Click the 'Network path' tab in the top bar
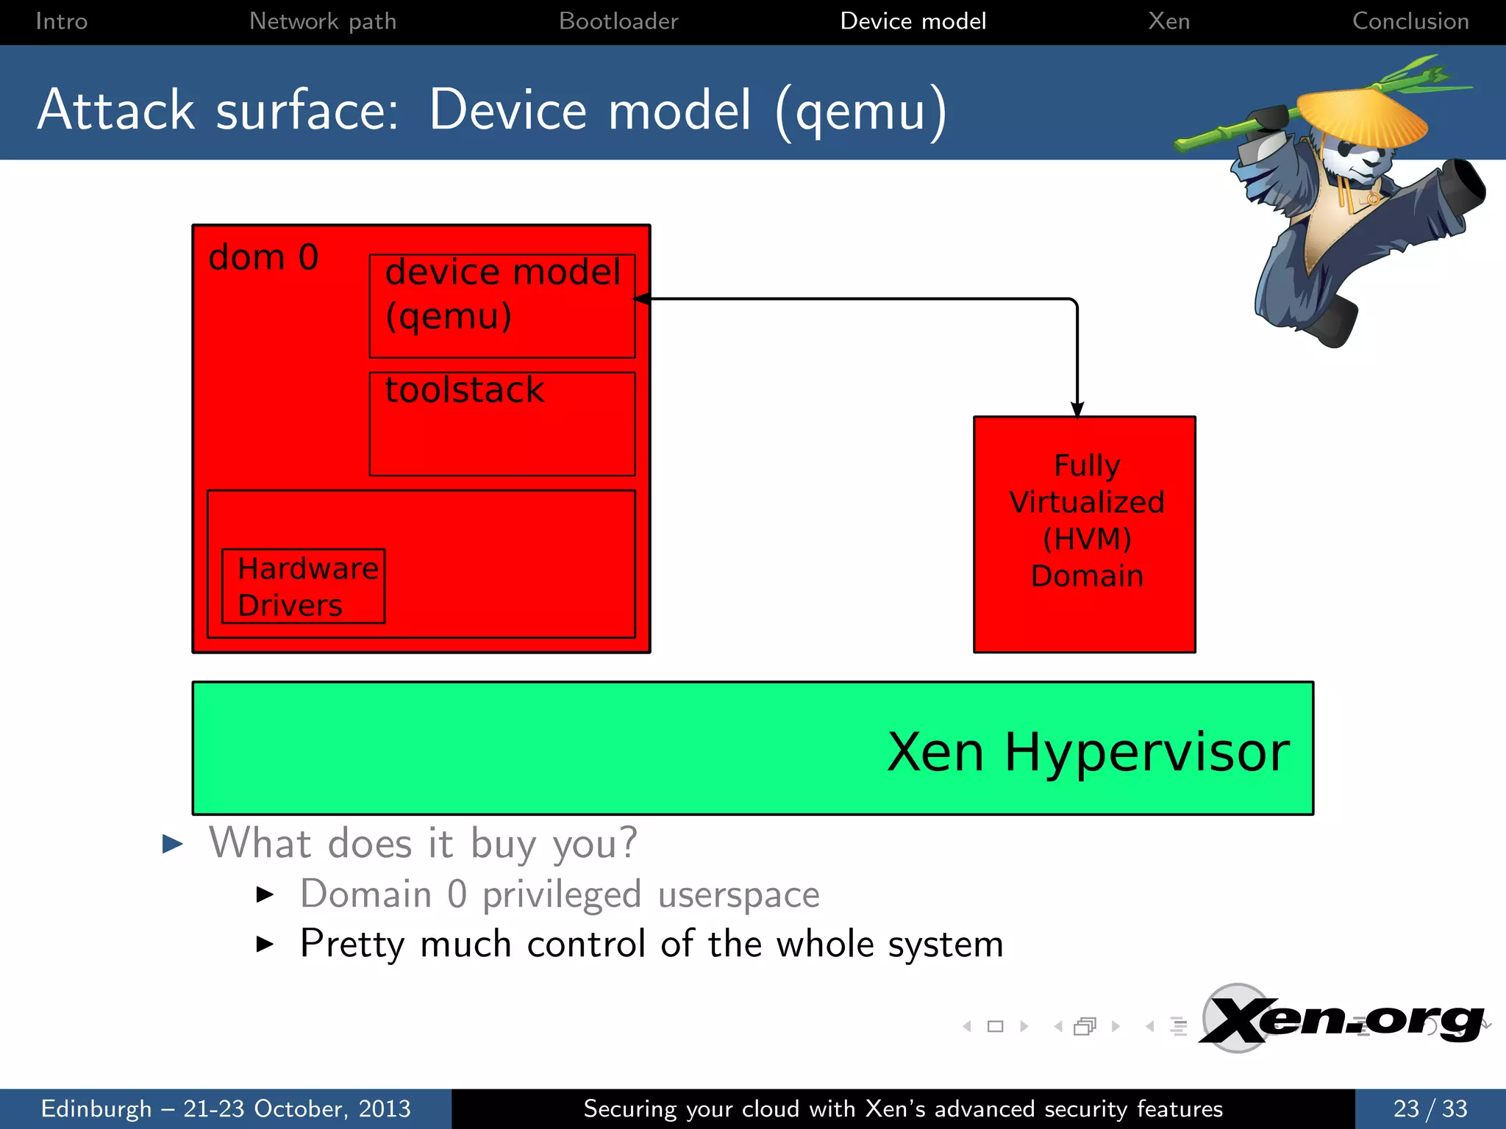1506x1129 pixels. (x=323, y=21)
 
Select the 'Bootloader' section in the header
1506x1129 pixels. (x=618, y=21)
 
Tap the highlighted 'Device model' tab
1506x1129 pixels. (x=913, y=21)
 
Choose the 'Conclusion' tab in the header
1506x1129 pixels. (x=1410, y=21)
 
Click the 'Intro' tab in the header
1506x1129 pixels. (x=62, y=21)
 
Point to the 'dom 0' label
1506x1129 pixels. (x=263, y=258)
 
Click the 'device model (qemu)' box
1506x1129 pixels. (x=502, y=306)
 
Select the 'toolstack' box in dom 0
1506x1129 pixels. (x=502, y=423)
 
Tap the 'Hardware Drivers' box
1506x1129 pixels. (x=303, y=586)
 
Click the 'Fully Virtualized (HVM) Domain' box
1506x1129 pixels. (x=1085, y=534)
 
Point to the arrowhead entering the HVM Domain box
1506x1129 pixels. (x=1077, y=409)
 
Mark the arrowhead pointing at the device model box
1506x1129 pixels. (x=642, y=299)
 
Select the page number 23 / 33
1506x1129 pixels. (x=1430, y=1108)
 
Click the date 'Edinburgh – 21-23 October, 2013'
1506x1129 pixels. (x=226, y=1108)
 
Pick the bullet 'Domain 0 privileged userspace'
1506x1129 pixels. (x=559, y=895)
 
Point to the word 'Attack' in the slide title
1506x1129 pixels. (x=116, y=110)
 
